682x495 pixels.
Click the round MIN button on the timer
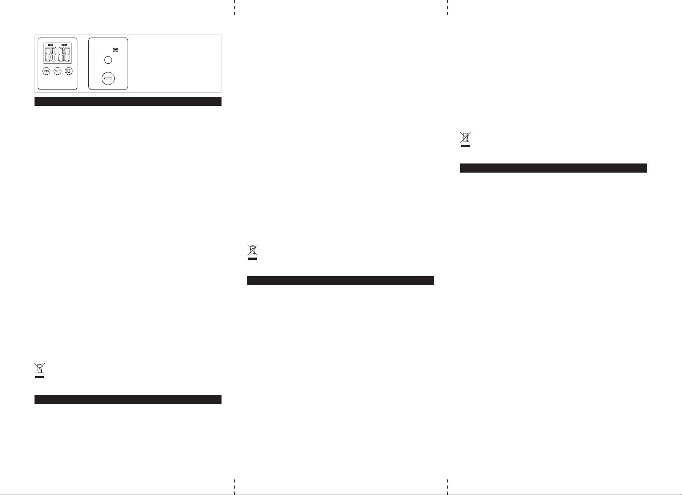46,71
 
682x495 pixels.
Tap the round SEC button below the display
57,71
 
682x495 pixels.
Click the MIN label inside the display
50,45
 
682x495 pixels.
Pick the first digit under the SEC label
61,55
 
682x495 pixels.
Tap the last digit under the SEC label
67,55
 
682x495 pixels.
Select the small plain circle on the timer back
108,60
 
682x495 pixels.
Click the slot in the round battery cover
108,79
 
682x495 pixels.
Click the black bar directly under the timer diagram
128,101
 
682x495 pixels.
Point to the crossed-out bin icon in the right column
465,139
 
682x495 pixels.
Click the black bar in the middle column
341,281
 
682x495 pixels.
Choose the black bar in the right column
553,168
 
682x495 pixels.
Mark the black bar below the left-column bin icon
128,399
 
